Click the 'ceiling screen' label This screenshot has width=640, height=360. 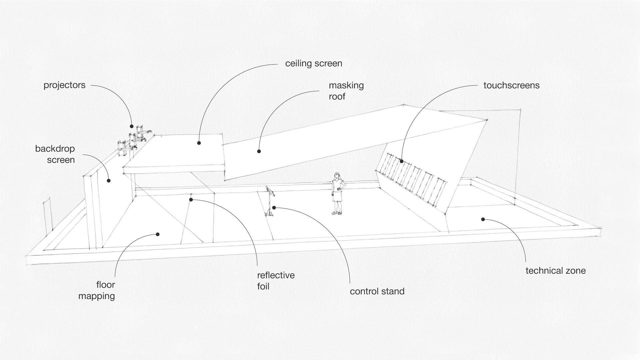click(x=314, y=63)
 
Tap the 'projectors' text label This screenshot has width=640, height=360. click(x=64, y=85)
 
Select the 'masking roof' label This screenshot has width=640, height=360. click(x=346, y=91)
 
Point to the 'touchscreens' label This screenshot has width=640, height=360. click(x=511, y=85)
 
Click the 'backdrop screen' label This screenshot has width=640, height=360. click(x=55, y=154)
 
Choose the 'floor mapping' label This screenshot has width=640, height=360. click(x=97, y=290)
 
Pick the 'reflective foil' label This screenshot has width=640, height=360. click(x=276, y=281)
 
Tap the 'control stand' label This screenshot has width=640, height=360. click(x=377, y=291)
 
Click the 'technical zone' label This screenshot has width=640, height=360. click(x=555, y=271)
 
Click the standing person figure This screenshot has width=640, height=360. click(x=338, y=193)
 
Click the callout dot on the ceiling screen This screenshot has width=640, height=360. click(x=199, y=143)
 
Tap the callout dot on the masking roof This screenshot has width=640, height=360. click(x=259, y=151)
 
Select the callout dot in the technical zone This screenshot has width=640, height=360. click(x=482, y=219)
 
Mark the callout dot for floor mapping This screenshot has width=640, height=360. click(x=158, y=234)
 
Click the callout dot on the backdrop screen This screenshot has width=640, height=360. click(x=108, y=181)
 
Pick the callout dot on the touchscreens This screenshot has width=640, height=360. click(x=402, y=162)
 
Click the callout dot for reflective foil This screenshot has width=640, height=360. click(x=191, y=200)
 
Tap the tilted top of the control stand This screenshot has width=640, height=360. click(x=270, y=192)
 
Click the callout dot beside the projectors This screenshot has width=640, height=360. click(x=132, y=127)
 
